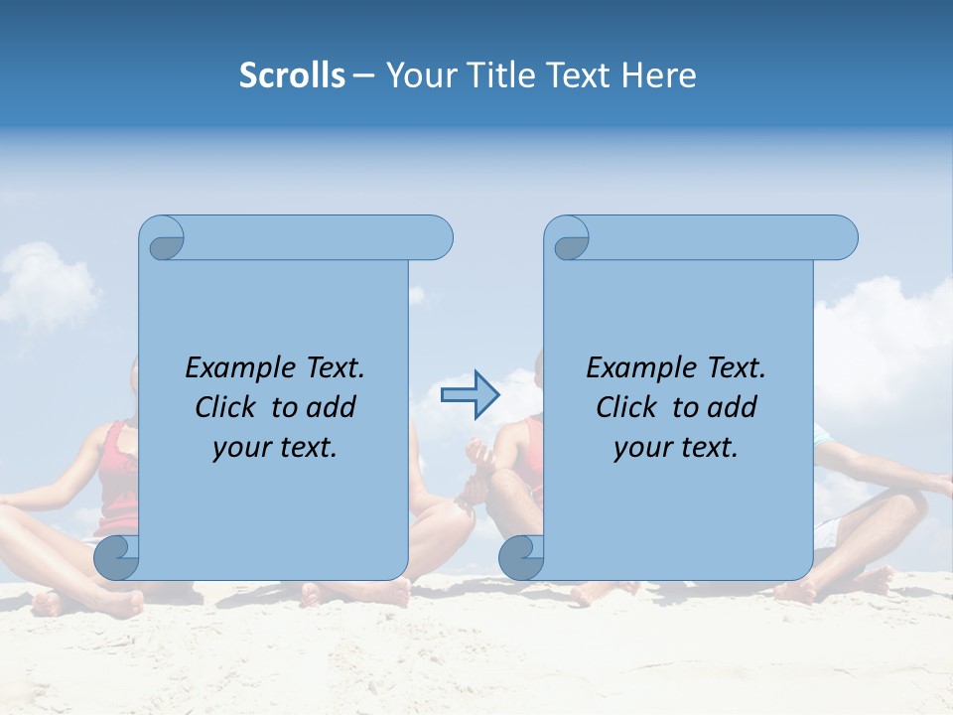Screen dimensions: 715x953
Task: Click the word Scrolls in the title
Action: coord(292,75)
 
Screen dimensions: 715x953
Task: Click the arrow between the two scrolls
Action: coord(470,394)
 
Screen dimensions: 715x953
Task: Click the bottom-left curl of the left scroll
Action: coord(116,558)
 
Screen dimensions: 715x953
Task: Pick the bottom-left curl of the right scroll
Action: coord(521,558)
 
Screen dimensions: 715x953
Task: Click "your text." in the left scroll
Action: coord(275,447)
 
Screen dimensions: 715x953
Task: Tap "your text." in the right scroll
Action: coord(676,447)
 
